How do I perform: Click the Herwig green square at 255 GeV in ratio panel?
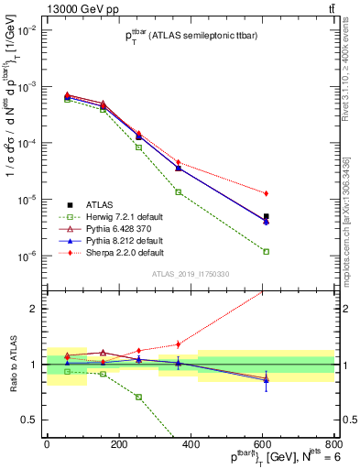coord(138,397)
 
